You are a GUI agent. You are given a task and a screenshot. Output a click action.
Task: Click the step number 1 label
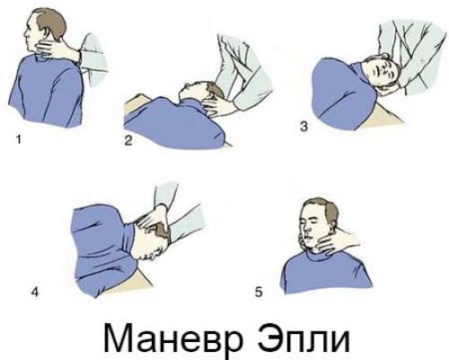19,140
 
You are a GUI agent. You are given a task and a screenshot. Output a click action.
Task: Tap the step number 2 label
128,141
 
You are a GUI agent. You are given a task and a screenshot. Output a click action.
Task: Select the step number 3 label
304,127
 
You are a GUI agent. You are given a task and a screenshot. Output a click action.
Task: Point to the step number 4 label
34,291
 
